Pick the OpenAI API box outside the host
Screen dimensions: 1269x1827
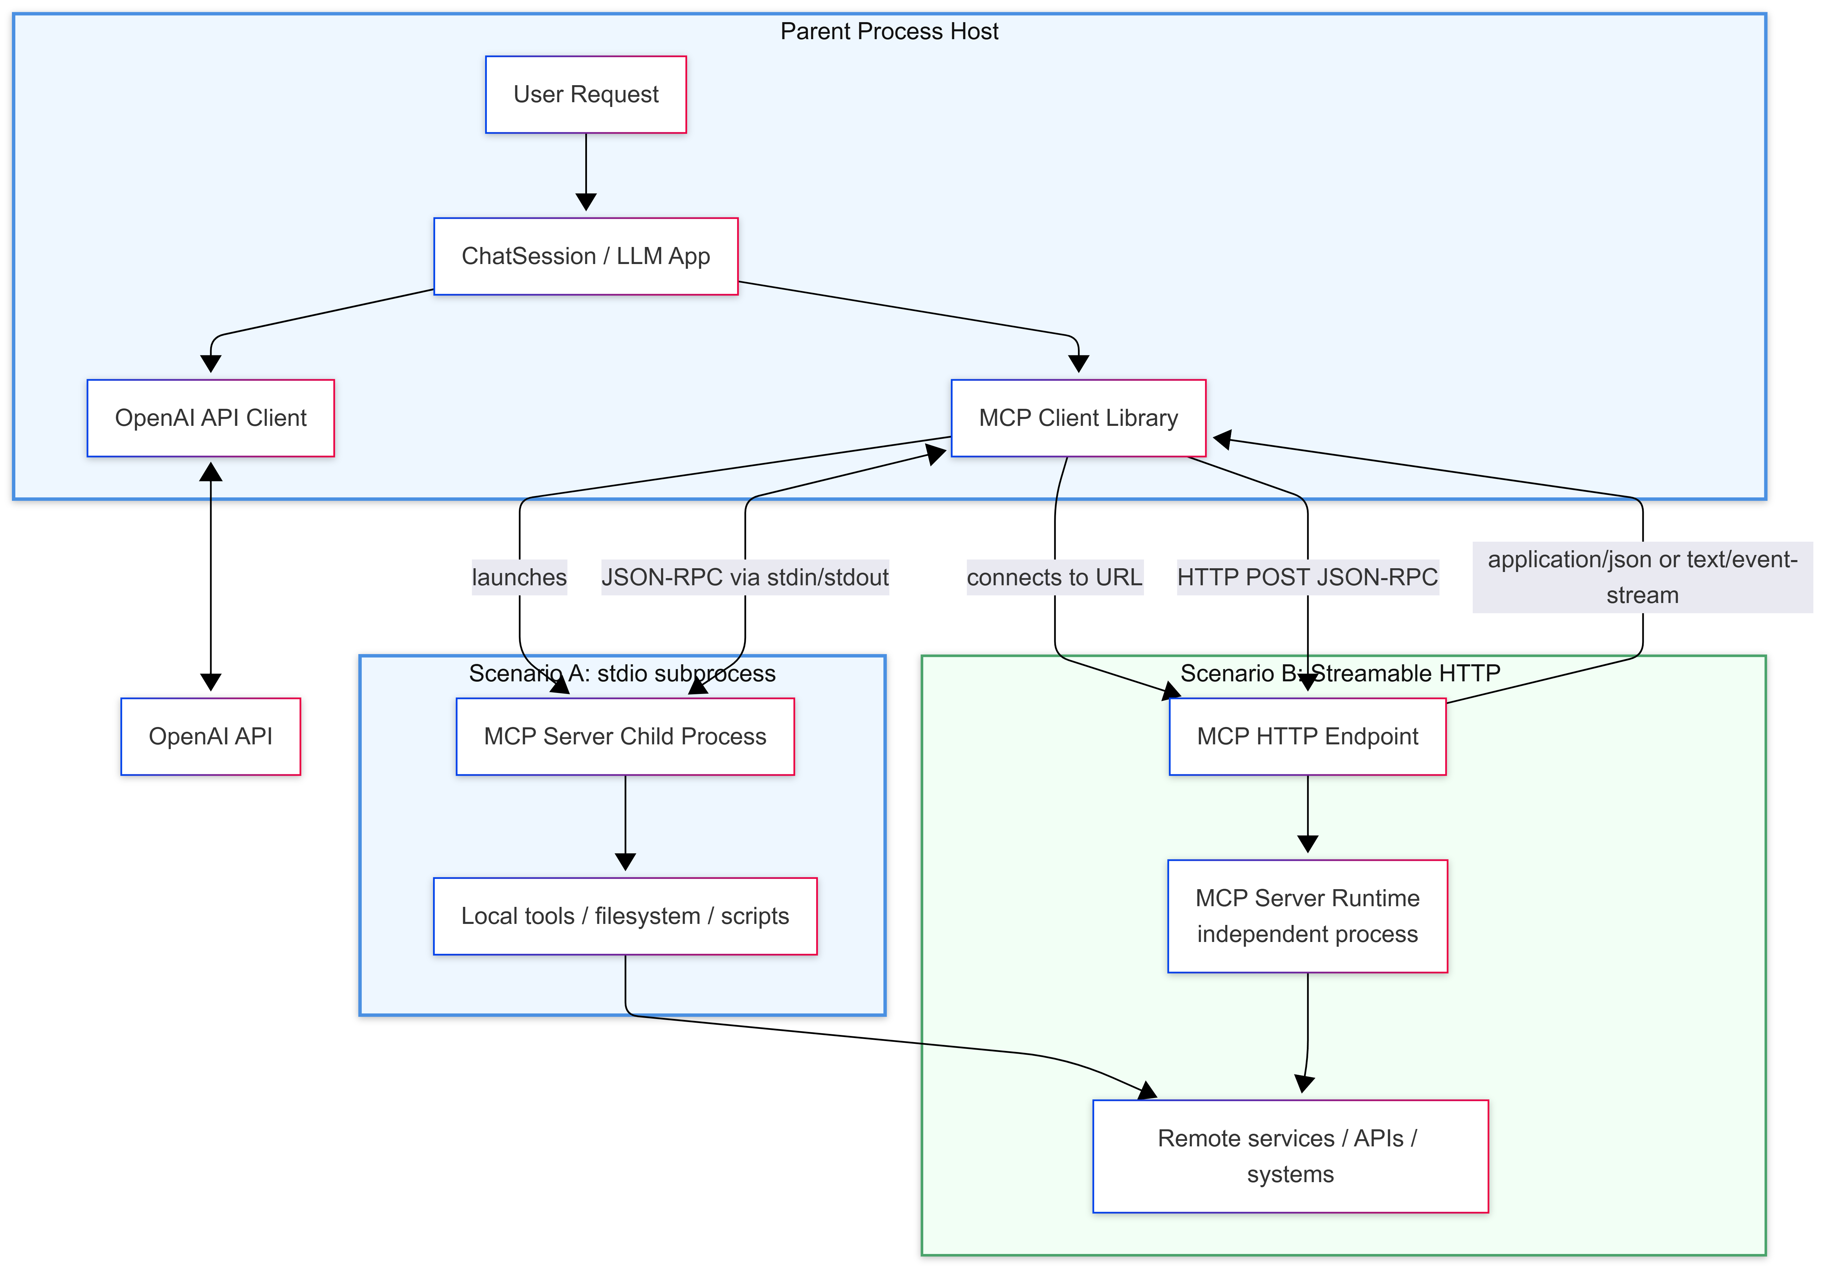point(211,736)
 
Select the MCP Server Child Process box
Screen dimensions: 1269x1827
point(625,736)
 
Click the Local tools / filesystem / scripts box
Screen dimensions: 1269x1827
point(625,916)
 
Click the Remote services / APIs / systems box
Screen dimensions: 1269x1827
point(1289,1156)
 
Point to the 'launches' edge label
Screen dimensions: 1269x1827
point(519,577)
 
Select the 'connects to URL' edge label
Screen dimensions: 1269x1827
point(1054,577)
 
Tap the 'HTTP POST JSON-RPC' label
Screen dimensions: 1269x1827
point(1307,577)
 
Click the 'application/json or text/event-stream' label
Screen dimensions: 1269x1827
point(1642,577)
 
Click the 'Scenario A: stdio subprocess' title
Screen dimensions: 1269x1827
point(622,674)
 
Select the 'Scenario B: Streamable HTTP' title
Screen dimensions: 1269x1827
point(1340,674)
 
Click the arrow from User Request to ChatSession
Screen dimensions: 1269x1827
point(586,171)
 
